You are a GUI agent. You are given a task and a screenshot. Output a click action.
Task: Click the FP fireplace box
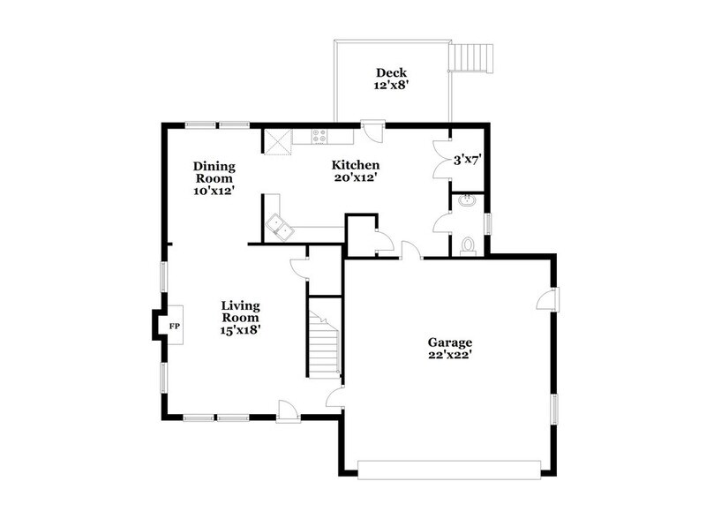point(174,327)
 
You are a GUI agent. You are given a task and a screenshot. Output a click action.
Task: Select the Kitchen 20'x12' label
point(355,171)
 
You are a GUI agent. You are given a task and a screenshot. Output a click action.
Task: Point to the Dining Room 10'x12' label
point(214,177)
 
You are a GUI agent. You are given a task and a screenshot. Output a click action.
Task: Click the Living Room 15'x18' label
point(240,318)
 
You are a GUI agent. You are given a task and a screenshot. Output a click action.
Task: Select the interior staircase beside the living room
point(323,340)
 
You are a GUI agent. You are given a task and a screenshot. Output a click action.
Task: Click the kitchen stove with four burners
point(319,137)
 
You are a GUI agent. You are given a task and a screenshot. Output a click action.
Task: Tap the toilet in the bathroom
point(470,244)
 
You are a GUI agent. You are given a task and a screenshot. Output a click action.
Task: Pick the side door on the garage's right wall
point(548,298)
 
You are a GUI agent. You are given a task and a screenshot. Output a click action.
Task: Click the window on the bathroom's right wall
point(488,225)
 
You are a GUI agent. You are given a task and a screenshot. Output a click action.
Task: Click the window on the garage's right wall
point(555,408)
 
